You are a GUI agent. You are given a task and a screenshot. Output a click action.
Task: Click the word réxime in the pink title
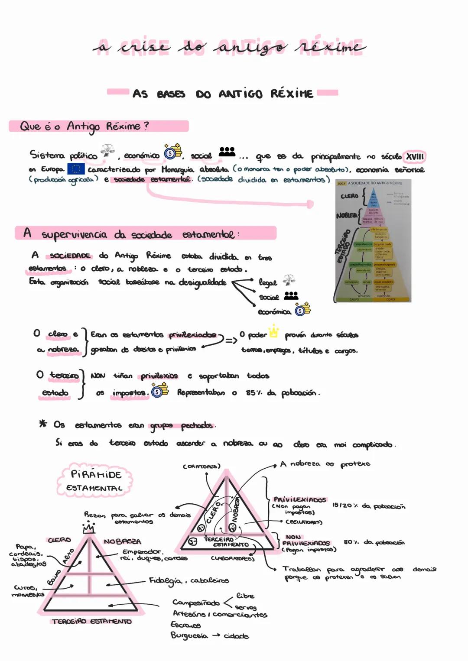click(331, 46)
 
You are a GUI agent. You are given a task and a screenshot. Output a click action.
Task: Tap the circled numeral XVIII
click(414, 156)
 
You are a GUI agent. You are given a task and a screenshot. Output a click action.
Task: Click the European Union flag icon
click(76, 169)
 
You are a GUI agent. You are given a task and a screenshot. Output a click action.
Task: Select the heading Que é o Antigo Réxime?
click(84, 126)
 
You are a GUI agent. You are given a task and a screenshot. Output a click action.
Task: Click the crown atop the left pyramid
click(88, 528)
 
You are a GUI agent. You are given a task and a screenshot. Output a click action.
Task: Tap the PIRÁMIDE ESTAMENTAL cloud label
click(94, 480)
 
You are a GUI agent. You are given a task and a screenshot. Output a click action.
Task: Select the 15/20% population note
click(368, 505)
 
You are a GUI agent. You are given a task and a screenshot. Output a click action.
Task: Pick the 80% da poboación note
click(374, 542)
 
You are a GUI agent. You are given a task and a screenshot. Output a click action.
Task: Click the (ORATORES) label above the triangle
click(201, 467)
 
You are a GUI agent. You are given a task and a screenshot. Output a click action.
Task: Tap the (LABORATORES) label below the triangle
click(232, 558)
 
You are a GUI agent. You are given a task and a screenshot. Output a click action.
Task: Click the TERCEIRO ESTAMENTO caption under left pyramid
click(91, 622)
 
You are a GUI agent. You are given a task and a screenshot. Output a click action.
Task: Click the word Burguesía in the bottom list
click(189, 635)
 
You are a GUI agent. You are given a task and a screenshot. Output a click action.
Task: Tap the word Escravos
click(185, 625)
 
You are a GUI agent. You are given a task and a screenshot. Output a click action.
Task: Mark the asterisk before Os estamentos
click(43, 424)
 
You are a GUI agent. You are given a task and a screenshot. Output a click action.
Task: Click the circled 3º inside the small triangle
click(192, 541)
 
